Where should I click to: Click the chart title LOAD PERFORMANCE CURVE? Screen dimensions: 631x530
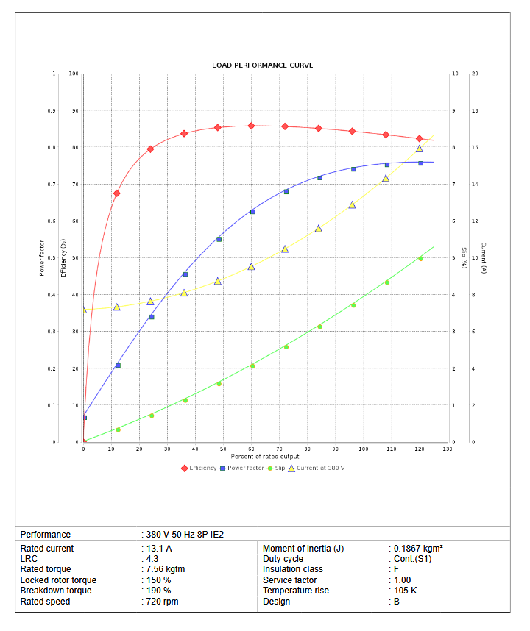pyautogui.click(x=262, y=65)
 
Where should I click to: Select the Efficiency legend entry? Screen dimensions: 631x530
pyautogui.click(x=199, y=468)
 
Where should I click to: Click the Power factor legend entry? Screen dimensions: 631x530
pyautogui.click(x=242, y=468)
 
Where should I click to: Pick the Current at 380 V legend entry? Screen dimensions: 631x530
pyautogui.click(x=316, y=468)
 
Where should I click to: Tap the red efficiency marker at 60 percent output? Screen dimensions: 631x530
pyautogui.click(x=251, y=126)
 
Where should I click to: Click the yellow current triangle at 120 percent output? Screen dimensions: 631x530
pyautogui.click(x=420, y=149)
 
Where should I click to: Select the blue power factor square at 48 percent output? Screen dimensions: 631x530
pyautogui.click(x=219, y=239)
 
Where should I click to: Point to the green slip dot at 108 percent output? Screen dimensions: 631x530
pyautogui.click(x=386, y=282)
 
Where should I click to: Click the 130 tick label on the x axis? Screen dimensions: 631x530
pyautogui.click(x=447, y=449)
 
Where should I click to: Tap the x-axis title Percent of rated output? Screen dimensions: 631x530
pyautogui.click(x=265, y=457)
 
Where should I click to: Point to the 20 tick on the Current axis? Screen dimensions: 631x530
pyautogui.click(x=475, y=74)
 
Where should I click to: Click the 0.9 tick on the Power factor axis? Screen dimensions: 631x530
pyautogui.click(x=51, y=111)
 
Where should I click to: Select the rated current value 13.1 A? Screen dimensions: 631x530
pyautogui.click(x=158, y=549)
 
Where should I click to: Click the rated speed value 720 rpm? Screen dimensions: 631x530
pyautogui.click(x=161, y=602)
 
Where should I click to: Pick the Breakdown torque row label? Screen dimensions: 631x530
pyautogui.click(x=56, y=591)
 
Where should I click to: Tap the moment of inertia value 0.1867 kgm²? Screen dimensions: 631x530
pyautogui.click(x=417, y=549)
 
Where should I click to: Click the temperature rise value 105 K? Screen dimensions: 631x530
pyautogui.click(x=406, y=591)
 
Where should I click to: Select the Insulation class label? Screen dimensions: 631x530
pyautogui.click(x=293, y=569)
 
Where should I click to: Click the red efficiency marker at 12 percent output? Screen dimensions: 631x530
pyautogui.click(x=116, y=193)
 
